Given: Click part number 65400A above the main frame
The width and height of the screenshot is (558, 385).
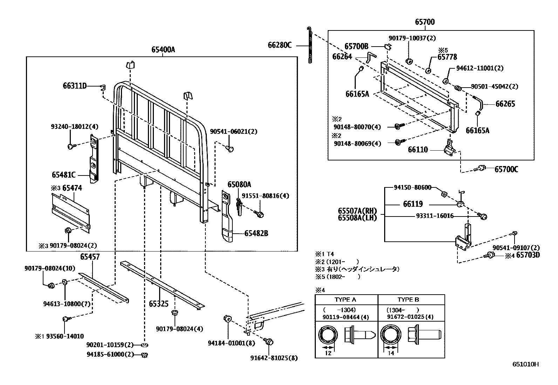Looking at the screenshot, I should point(163,50).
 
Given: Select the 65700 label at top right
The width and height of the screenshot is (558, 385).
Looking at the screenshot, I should point(425,22).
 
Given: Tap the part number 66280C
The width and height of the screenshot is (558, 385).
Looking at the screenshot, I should point(279,45).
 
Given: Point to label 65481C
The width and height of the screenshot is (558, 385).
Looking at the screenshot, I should point(63,174).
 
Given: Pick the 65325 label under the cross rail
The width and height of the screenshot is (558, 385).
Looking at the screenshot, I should point(158,304).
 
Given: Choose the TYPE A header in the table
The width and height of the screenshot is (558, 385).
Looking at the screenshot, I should point(345,300).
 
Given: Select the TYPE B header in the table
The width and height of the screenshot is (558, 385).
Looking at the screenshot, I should point(408,300).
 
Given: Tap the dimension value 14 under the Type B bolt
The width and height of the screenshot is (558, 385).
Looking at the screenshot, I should point(391,353).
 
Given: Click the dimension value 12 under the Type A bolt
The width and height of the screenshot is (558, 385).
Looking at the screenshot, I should point(328,353).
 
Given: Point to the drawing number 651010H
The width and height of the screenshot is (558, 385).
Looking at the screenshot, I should point(525,364).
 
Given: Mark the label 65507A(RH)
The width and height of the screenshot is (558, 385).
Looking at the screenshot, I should point(357,211).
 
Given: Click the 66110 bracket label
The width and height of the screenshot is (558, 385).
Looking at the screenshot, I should point(418,150).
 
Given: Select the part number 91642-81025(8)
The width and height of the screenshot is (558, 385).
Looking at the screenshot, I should point(274,358).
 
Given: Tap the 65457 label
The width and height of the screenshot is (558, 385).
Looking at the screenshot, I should point(90,257).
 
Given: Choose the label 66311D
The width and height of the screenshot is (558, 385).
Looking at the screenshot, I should point(75,86).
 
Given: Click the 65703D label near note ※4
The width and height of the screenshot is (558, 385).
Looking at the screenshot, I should point(528,255).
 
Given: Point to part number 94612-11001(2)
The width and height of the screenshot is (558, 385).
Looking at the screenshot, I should point(479,68).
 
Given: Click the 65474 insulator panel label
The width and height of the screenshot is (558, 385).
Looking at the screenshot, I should point(72,188).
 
